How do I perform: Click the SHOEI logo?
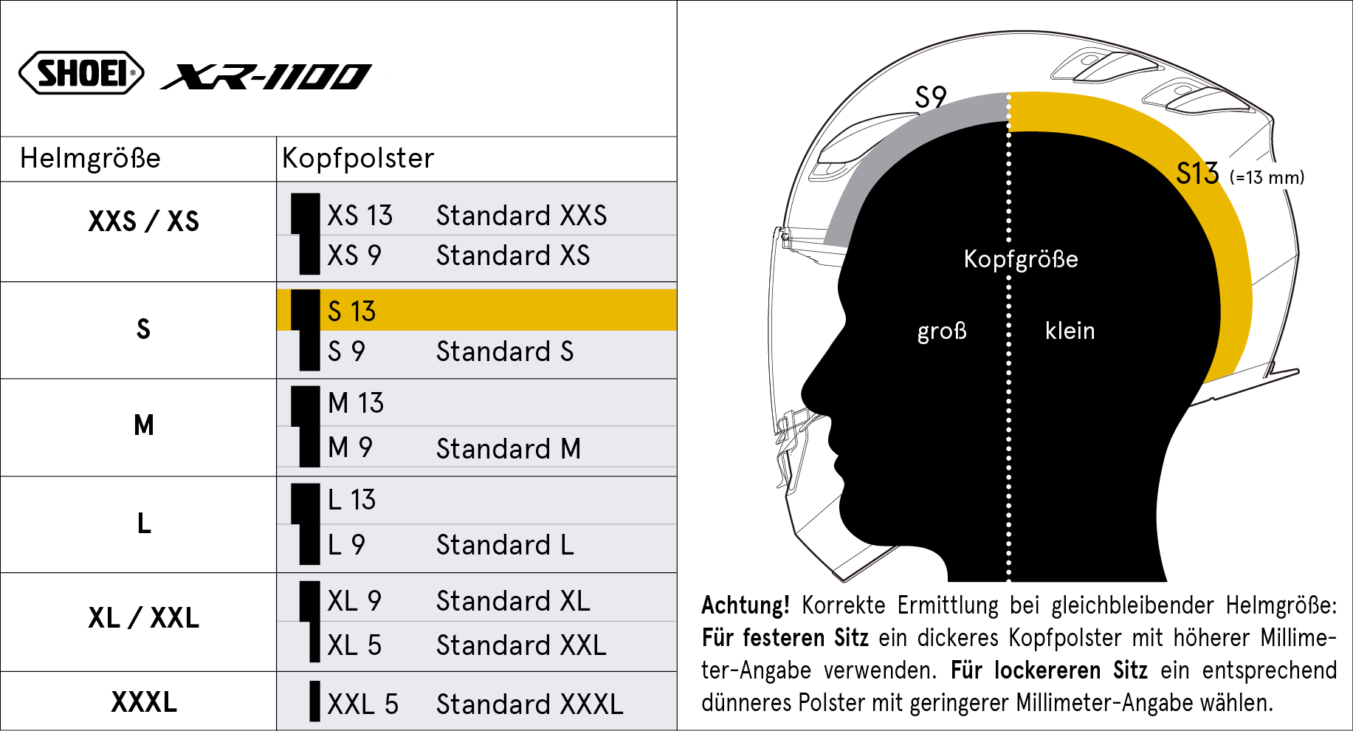click(81, 72)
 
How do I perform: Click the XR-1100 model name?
click(266, 76)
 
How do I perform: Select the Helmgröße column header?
click(90, 158)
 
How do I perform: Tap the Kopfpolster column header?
click(358, 158)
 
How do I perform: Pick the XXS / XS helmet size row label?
click(144, 221)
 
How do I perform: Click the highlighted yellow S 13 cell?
click(477, 310)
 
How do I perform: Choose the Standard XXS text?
click(521, 216)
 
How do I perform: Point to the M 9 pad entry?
click(350, 447)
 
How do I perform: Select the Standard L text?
click(505, 545)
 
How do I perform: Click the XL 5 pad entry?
click(354, 645)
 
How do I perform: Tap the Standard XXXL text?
click(529, 704)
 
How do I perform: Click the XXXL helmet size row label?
click(144, 701)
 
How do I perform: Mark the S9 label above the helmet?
click(930, 97)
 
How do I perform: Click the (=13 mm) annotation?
click(1267, 177)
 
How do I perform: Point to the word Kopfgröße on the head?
click(1021, 259)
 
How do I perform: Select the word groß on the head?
click(942, 331)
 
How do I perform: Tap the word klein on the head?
click(1070, 330)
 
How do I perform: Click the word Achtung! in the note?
click(746, 605)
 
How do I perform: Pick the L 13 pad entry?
click(351, 500)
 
